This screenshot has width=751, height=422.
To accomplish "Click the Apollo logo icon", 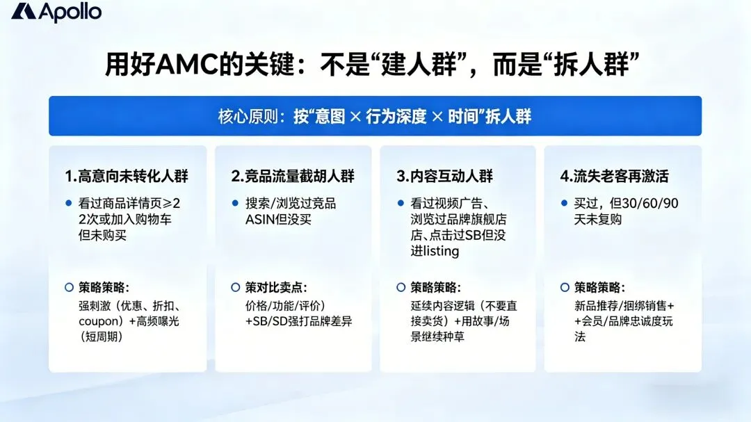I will click(x=24, y=11).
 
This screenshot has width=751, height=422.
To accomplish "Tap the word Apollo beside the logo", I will click(x=70, y=11).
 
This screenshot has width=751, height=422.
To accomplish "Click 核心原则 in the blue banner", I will click(x=245, y=116).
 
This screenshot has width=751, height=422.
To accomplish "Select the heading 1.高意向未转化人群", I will click(x=127, y=176).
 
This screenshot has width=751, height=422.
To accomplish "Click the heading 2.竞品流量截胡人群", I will click(x=293, y=176).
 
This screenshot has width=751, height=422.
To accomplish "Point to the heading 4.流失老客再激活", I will click(x=614, y=176).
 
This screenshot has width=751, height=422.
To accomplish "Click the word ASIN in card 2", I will click(x=262, y=219).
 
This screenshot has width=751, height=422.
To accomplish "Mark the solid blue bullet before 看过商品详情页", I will click(x=68, y=203).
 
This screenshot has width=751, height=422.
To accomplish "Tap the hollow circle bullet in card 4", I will click(x=565, y=287).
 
